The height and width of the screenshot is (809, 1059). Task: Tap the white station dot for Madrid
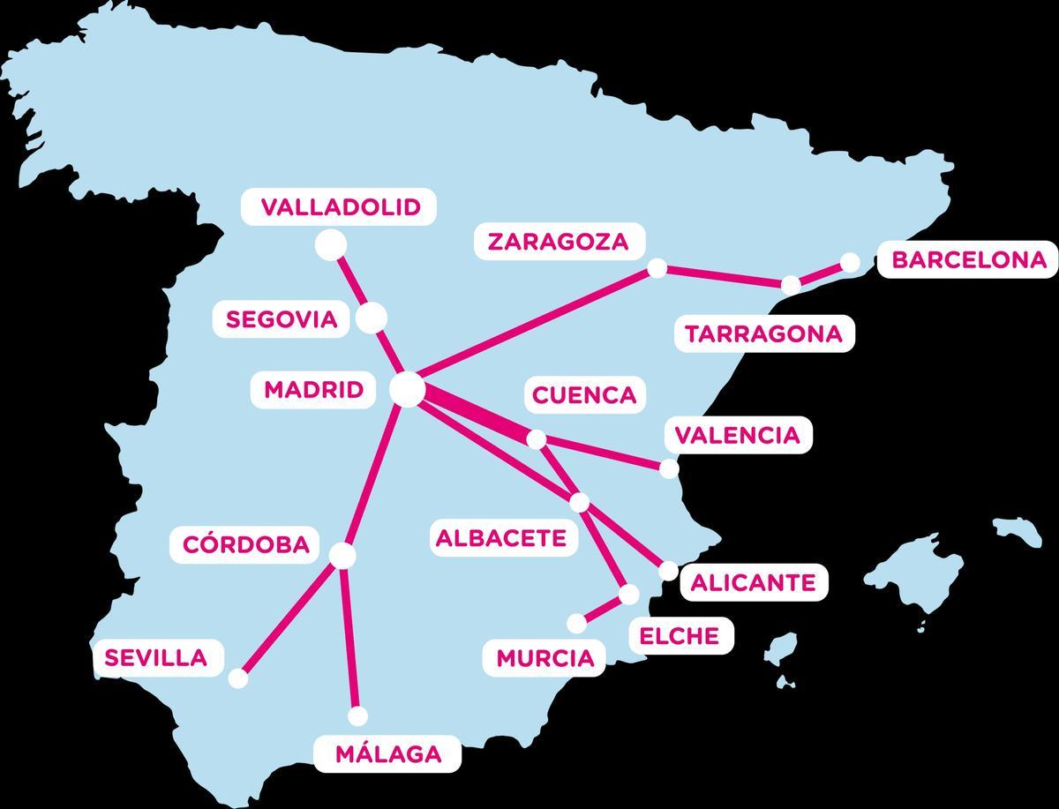click(x=408, y=389)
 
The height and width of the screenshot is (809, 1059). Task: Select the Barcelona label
click(x=968, y=260)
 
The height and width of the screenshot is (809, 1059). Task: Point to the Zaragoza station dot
click(x=657, y=267)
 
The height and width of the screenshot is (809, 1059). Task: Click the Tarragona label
click(x=763, y=334)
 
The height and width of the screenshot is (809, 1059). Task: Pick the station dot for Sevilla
click(x=237, y=678)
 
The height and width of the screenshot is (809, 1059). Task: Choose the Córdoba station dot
click(x=342, y=555)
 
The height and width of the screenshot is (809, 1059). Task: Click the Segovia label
click(x=282, y=319)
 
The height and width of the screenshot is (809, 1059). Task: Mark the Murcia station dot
click(x=576, y=623)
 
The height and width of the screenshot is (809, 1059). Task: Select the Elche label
click(x=679, y=635)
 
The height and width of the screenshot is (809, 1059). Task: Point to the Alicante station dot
click(x=668, y=570)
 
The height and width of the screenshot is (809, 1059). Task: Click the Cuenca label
click(x=583, y=394)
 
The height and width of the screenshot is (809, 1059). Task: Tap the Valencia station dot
click(x=669, y=468)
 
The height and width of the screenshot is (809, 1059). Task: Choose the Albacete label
click(x=500, y=538)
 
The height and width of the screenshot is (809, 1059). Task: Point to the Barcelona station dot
click(x=850, y=262)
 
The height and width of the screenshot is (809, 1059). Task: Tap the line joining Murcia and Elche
click(x=603, y=609)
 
